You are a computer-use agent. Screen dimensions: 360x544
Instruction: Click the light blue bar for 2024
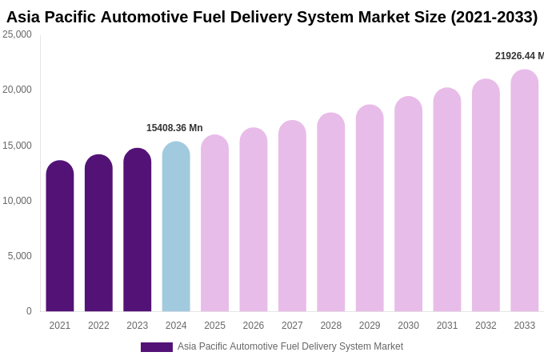click(176, 227)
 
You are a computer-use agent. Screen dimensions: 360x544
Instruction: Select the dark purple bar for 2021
click(60, 237)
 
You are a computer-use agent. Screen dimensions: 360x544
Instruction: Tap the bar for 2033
click(524, 191)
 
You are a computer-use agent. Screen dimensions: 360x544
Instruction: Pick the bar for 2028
click(330, 213)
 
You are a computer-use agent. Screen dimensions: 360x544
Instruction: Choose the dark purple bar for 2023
click(137, 230)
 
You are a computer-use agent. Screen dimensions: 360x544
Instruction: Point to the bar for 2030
click(408, 205)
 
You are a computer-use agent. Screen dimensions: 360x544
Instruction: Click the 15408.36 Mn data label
click(174, 128)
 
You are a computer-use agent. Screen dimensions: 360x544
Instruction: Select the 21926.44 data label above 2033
click(518, 56)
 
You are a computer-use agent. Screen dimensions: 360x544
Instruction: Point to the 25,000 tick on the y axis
click(17, 34)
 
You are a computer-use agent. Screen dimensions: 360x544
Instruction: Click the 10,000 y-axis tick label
click(17, 201)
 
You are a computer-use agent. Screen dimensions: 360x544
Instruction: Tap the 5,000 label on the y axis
click(19, 256)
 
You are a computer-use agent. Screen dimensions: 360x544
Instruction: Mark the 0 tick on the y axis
click(29, 311)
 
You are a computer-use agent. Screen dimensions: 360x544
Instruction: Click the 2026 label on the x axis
click(254, 326)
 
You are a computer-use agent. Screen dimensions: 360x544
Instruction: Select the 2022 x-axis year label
click(98, 326)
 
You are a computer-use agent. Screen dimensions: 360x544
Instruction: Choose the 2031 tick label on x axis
click(447, 326)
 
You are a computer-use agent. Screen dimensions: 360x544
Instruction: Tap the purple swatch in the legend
click(157, 347)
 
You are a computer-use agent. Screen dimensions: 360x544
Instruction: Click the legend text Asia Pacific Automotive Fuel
click(240, 346)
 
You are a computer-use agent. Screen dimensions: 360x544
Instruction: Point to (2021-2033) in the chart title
click(494, 17)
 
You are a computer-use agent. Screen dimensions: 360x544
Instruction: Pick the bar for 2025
click(214, 224)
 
